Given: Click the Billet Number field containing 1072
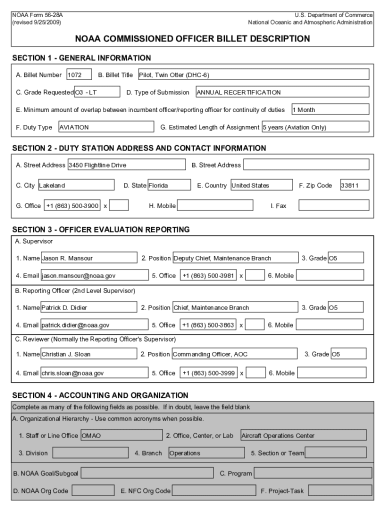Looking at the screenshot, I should pyautogui.click(x=79, y=75).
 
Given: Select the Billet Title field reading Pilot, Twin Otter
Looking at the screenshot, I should pyautogui.click(x=253, y=75).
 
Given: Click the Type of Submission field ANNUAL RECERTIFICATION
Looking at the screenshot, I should pyautogui.click(x=282, y=92).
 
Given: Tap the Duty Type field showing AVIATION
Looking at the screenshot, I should pyautogui.click(x=105, y=127).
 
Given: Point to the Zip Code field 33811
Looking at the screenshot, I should pyautogui.click(x=354, y=185).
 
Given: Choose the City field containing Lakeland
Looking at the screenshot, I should pyautogui.click(x=77, y=185).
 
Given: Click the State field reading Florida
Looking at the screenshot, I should pyautogui.click(x=168, y=185).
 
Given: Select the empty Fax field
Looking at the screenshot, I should pyautogui.click(x=333, y=205).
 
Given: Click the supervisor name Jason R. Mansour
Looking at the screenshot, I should pyautogui.click(x=88, y=258).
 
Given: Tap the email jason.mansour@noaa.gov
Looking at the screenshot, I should pyautogui.click(x=94, y=275).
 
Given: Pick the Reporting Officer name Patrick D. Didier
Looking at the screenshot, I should pyautogui.click(x=88, y=307).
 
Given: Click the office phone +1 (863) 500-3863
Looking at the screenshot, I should pyautogui.click(x=208, y=325).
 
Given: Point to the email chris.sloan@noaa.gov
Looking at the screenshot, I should pyautogui.click(x=94, y=372).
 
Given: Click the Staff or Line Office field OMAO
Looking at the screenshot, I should pyautogui.click(x=121, y=435).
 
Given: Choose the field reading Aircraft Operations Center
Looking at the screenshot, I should pyautogui.click(x=303, y=435).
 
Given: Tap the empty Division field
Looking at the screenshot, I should pyautogui.click(x=90, y=453).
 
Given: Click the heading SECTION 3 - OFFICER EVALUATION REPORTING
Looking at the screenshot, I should pyautogui.click(x=100, y=230).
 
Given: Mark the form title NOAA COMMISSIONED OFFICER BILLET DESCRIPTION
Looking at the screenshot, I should pyautogui.click(x=192, y=38).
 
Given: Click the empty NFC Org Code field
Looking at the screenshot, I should pyautogui.click(x=212, y=491).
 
